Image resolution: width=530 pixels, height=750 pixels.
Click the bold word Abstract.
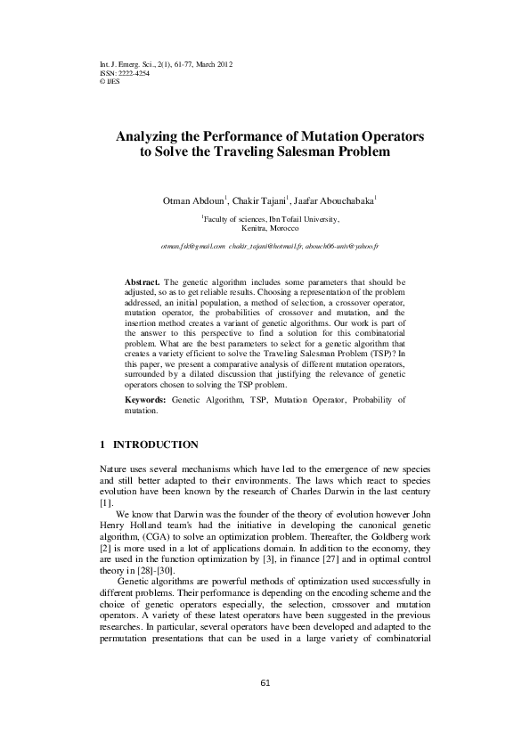(143, 280)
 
